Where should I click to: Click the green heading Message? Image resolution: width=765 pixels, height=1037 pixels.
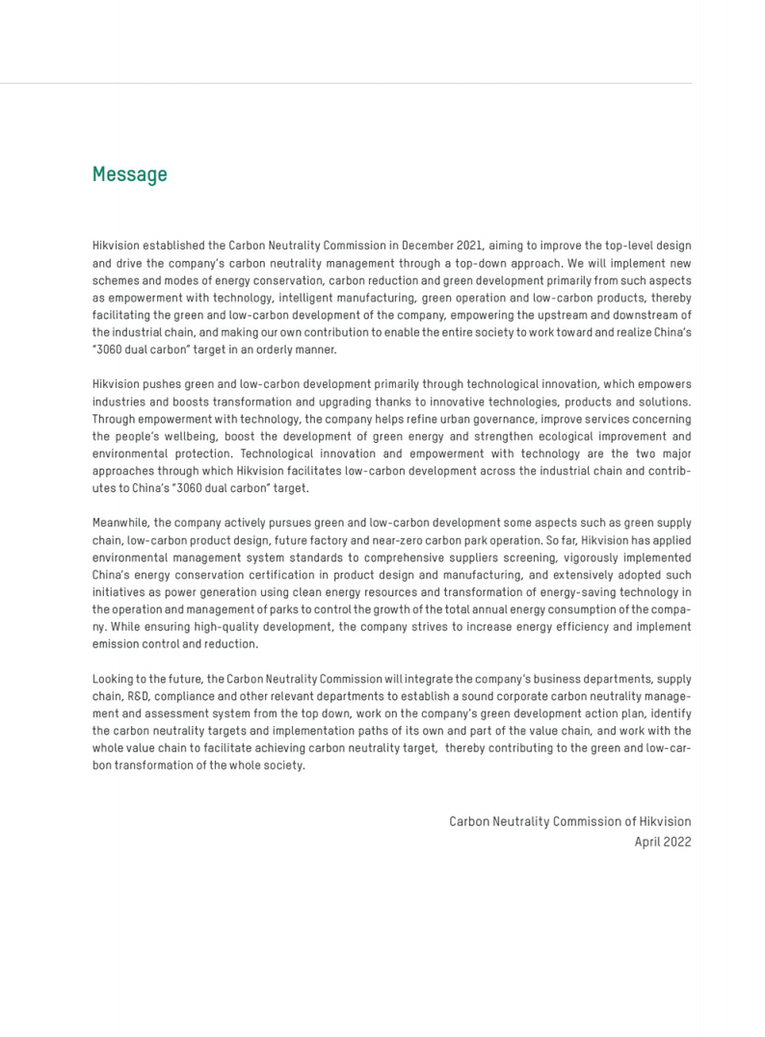129,174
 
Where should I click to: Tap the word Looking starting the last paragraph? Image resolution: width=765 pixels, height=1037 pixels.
114,679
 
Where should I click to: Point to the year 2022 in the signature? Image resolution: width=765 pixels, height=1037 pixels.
678,842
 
